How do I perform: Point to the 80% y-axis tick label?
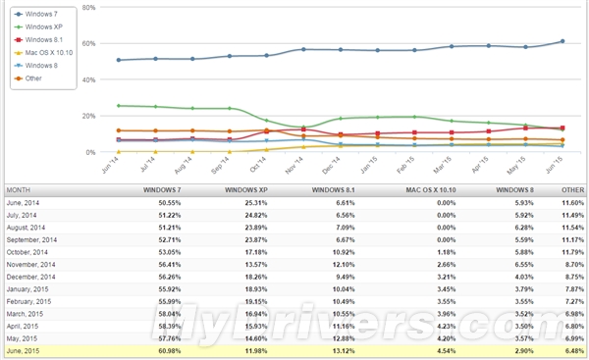click(88, 7)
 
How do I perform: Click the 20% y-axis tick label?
click(88, 116)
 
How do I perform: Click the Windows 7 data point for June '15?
click(562, 41)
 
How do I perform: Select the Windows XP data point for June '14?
click(119, 106)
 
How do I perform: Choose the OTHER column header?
click(571, 188)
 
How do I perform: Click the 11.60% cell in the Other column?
click(573, 201)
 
